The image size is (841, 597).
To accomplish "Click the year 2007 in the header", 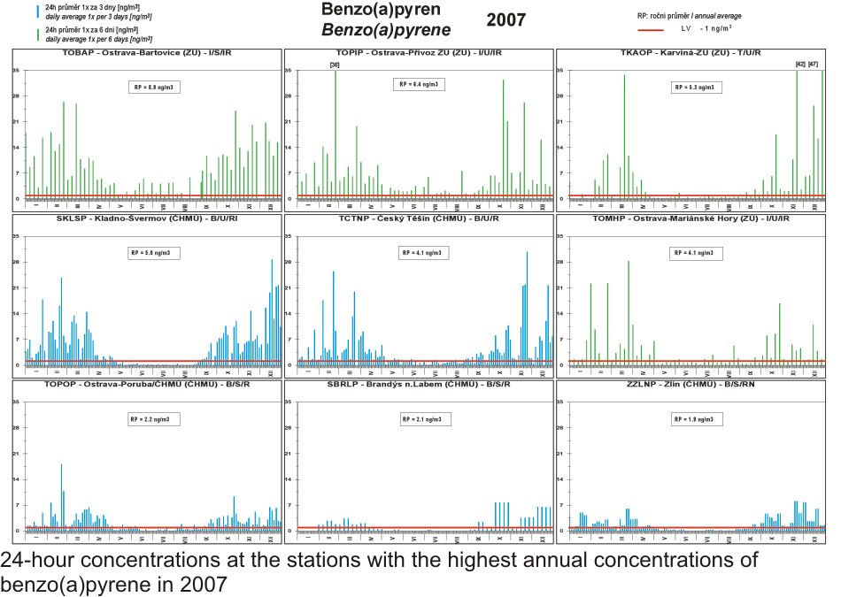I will (506, 19).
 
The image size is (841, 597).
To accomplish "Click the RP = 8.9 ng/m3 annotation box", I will (152, 87).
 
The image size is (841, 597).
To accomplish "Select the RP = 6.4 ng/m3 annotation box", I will (418, 84).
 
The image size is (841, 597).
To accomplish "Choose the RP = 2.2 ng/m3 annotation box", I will (152, 419).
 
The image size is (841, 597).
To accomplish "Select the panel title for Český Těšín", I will (419, 218).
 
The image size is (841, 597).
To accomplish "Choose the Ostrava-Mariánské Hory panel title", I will (690, 218).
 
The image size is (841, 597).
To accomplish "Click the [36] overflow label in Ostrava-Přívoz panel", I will (334, 65).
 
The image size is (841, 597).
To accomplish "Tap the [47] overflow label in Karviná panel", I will (813, 65).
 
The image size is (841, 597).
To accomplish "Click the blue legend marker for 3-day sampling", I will (37, 11).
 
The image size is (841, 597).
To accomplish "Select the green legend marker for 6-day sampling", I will (37, 34).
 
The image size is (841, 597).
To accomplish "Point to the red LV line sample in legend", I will (651, 29).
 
